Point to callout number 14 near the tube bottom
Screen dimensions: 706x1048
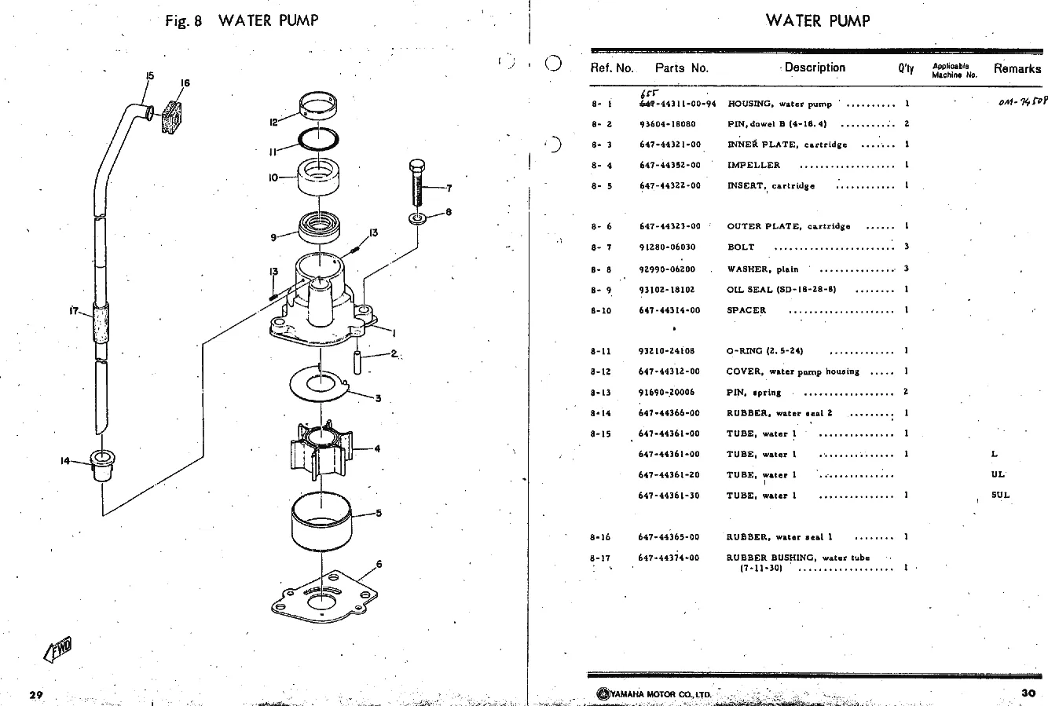tap(65, 461)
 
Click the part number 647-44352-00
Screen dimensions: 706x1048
tap(669, 166)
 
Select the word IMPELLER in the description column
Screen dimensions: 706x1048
tap(753, 166)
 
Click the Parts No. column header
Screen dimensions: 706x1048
tap(681, 68)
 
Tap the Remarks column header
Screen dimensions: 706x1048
tap(1017, 68)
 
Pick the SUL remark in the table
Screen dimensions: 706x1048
tap(1000, 495)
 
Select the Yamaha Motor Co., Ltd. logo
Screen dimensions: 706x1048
tap(654, 693)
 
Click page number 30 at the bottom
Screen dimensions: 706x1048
tap(1028, 692)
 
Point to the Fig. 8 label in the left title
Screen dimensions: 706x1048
tap(185, 21)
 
